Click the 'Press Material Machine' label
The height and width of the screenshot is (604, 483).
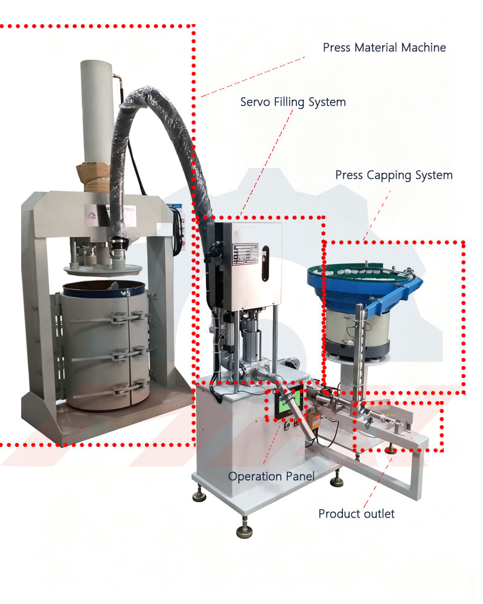(x=385, y=47)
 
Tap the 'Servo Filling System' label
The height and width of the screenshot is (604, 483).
(x=293, y=102)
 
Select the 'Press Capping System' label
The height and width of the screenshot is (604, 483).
(x=394, y=175)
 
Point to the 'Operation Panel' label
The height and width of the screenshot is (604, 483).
(x=271, y=477)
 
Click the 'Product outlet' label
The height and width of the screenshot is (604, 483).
(x=356, y=513)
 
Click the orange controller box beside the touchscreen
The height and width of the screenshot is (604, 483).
(x=315, y=420)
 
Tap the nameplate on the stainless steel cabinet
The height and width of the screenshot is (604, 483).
(x=245, y=254)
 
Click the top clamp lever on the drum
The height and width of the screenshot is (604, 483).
(x=112, y=318)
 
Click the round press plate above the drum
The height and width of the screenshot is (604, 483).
(x=103, y=269)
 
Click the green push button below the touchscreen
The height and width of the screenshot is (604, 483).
(x=287, y=425)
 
